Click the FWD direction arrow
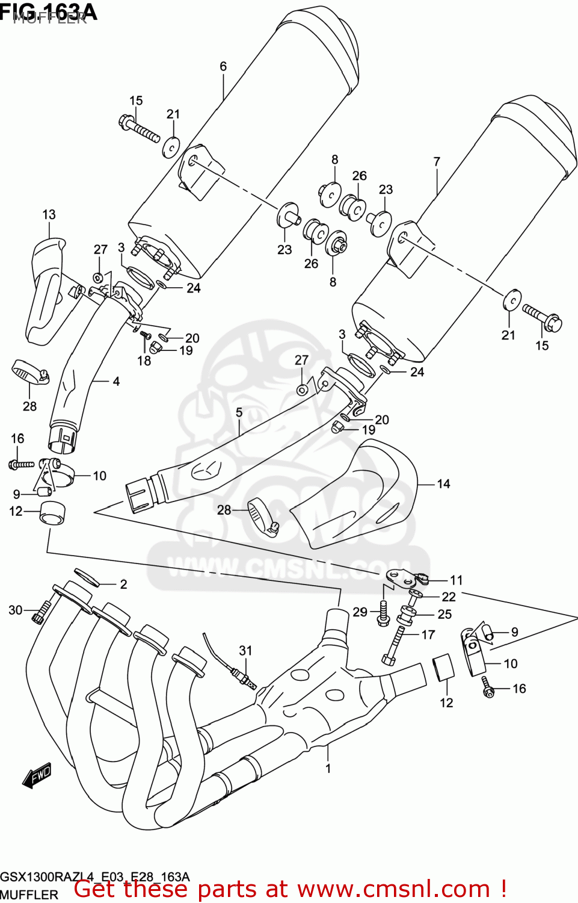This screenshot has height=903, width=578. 37,776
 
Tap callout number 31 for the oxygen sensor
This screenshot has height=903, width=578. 245,651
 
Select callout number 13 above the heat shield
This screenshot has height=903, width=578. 49,215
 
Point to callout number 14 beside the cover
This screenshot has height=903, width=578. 443,484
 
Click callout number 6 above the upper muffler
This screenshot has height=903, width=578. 223,67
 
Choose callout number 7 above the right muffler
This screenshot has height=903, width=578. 437,162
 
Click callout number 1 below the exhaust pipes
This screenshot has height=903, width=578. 328,768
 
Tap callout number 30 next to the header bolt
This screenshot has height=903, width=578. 16,610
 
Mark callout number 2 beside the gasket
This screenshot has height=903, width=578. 123,584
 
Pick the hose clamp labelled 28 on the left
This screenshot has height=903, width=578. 29,374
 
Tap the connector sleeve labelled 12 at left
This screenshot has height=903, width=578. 53,513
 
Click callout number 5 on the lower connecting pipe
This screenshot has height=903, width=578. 239,412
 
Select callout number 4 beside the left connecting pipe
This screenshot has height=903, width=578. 116,381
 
